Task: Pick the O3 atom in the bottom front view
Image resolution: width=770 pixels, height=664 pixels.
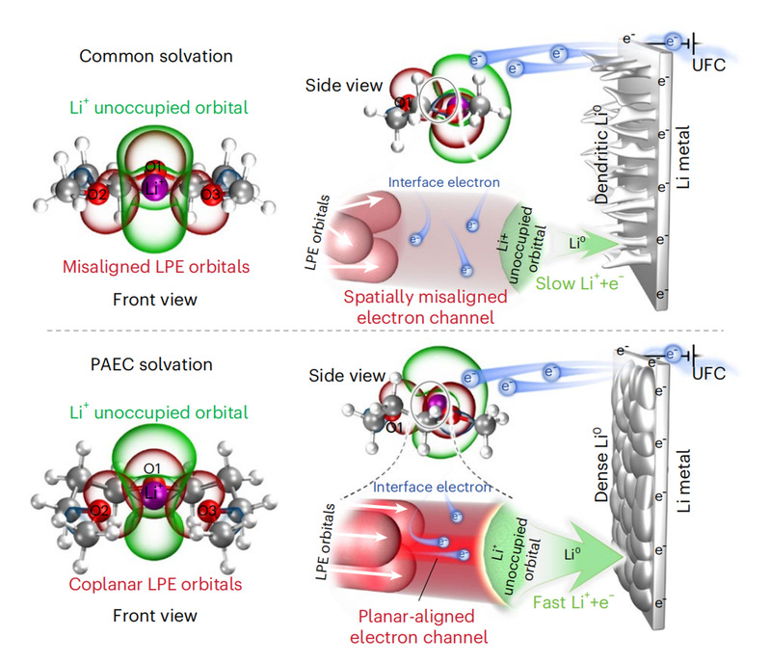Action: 205,510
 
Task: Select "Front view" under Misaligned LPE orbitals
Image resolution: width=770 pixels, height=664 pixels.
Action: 154,300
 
